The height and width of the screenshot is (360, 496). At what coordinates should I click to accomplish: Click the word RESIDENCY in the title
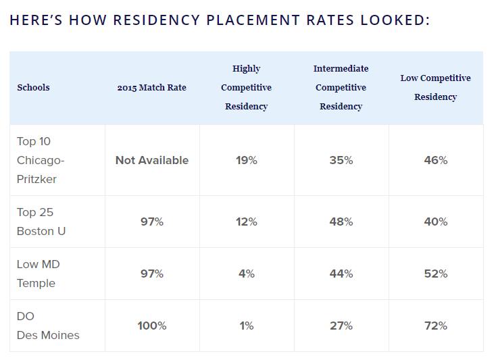point(155,20)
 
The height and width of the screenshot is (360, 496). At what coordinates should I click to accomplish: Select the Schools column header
point(33,87)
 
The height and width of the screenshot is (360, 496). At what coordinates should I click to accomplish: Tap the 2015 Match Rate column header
point(151,87)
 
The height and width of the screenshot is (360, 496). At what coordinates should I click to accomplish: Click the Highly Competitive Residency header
point(246,87)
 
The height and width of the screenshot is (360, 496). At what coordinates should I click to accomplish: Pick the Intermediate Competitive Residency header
point(341,87)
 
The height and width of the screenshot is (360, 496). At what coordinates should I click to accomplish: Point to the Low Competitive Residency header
point(435,87)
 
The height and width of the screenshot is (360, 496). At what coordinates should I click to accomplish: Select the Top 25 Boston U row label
point(41,222)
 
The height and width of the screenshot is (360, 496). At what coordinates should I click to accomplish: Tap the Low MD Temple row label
point(38,274)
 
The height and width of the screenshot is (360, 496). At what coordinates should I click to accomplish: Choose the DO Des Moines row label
point(48,326)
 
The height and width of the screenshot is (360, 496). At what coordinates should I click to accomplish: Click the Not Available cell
point(152,160)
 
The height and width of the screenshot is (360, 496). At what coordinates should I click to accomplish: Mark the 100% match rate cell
point(152,326)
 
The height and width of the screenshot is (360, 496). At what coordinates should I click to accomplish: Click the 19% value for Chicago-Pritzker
point(247,160)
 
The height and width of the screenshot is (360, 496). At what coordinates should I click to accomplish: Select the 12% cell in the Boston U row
point(247,222)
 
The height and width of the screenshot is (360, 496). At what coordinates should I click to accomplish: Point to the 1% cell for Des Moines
point(247,326)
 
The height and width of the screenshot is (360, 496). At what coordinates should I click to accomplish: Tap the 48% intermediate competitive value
point(341,222)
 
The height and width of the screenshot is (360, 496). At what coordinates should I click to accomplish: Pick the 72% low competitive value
point(436,326)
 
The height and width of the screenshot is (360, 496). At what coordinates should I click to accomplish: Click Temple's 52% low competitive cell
point(436,274)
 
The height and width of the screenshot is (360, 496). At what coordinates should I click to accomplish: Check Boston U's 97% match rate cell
point(152,222)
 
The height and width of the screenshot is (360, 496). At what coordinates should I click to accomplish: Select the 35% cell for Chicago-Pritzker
point(341,160)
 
